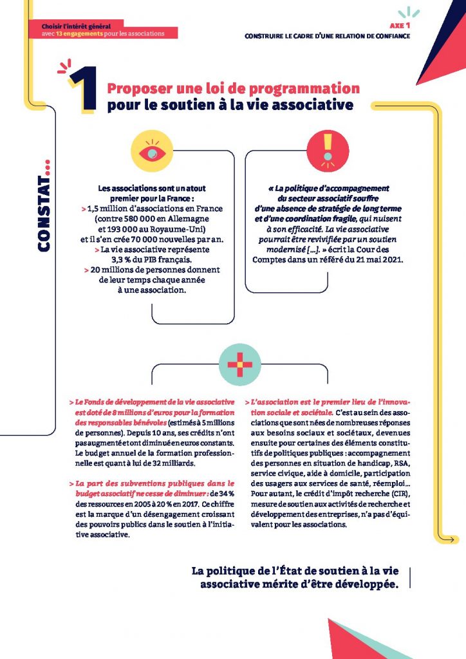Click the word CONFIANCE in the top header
pyautogui.click(x=389, y=35)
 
